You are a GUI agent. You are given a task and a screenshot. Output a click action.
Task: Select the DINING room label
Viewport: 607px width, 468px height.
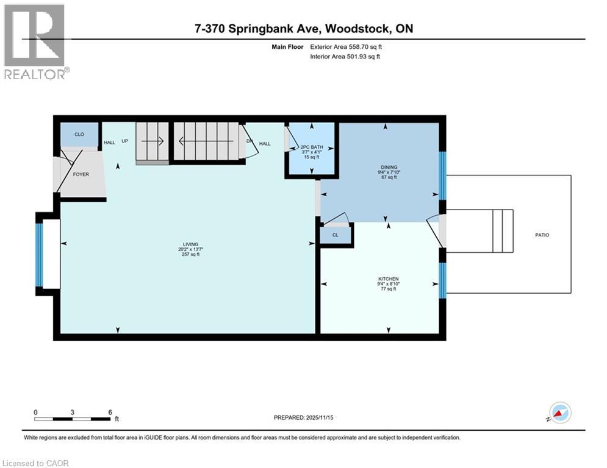tap(389, 167)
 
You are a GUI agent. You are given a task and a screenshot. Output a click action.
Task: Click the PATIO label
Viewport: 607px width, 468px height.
tap(541, 235)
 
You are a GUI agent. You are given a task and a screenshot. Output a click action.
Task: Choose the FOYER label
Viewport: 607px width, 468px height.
tap(81, 174)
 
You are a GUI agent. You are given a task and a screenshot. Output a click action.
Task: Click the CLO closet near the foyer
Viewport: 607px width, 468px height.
tap(79, 134)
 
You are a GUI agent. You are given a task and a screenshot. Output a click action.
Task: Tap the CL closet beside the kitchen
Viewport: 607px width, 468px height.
tap(336, 235)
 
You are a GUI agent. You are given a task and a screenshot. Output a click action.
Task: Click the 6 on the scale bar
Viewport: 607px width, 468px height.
tap(110, 412)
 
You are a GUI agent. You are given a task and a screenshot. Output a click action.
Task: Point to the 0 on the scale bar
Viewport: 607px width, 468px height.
tap(36, 412)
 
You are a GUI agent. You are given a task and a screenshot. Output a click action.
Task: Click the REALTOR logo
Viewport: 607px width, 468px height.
tap(35, 41)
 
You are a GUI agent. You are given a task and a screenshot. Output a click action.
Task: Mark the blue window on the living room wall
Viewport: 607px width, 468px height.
tap(40, 255)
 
